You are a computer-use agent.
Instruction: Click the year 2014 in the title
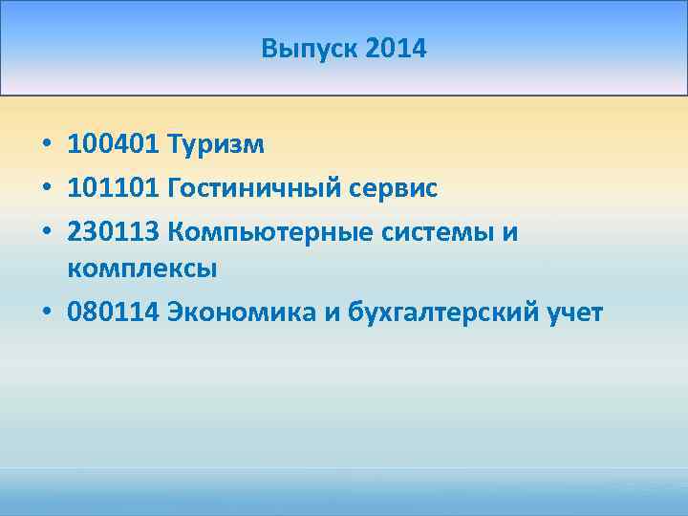[396, 48]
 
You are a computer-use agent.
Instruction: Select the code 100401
[113, 145]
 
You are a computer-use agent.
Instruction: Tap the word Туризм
[216, 145]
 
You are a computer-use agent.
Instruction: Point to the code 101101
[113, 187]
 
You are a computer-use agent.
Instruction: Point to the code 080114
[113, 312]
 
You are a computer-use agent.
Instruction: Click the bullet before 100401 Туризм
[46, 146]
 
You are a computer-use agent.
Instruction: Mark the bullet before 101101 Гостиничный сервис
[46, 188]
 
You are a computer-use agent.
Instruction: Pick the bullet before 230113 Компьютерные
[46, 230]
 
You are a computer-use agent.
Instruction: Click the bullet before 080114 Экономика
[46, 313]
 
